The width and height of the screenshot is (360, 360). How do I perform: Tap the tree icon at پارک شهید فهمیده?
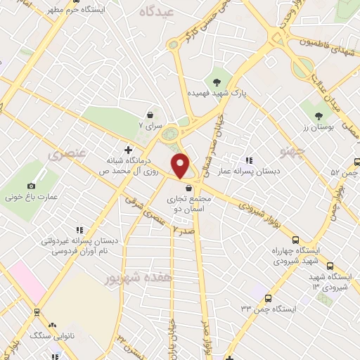click(x=226, y=79)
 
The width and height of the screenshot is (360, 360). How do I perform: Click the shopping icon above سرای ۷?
click(x=150, y=114)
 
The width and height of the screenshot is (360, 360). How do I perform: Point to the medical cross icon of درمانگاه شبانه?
click(x=128, y=149)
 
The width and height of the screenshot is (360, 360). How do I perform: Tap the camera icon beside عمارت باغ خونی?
click(x=31, y=186)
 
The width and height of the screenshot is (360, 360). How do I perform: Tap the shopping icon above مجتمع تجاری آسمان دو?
click(x=188, y=188)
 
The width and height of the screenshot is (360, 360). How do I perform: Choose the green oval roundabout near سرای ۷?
click(x=169, y=132)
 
